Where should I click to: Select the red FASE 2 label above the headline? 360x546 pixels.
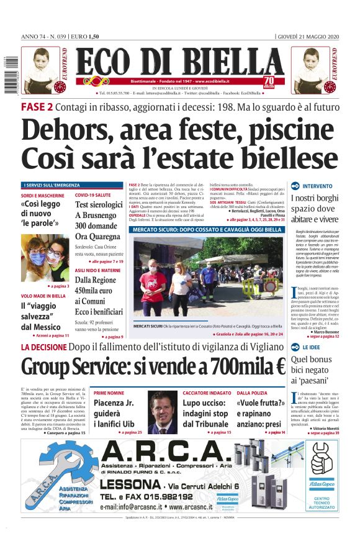click(37, 107)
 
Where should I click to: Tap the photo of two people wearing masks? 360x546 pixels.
click(45, 258)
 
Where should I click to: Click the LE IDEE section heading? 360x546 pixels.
click(312, 347)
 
